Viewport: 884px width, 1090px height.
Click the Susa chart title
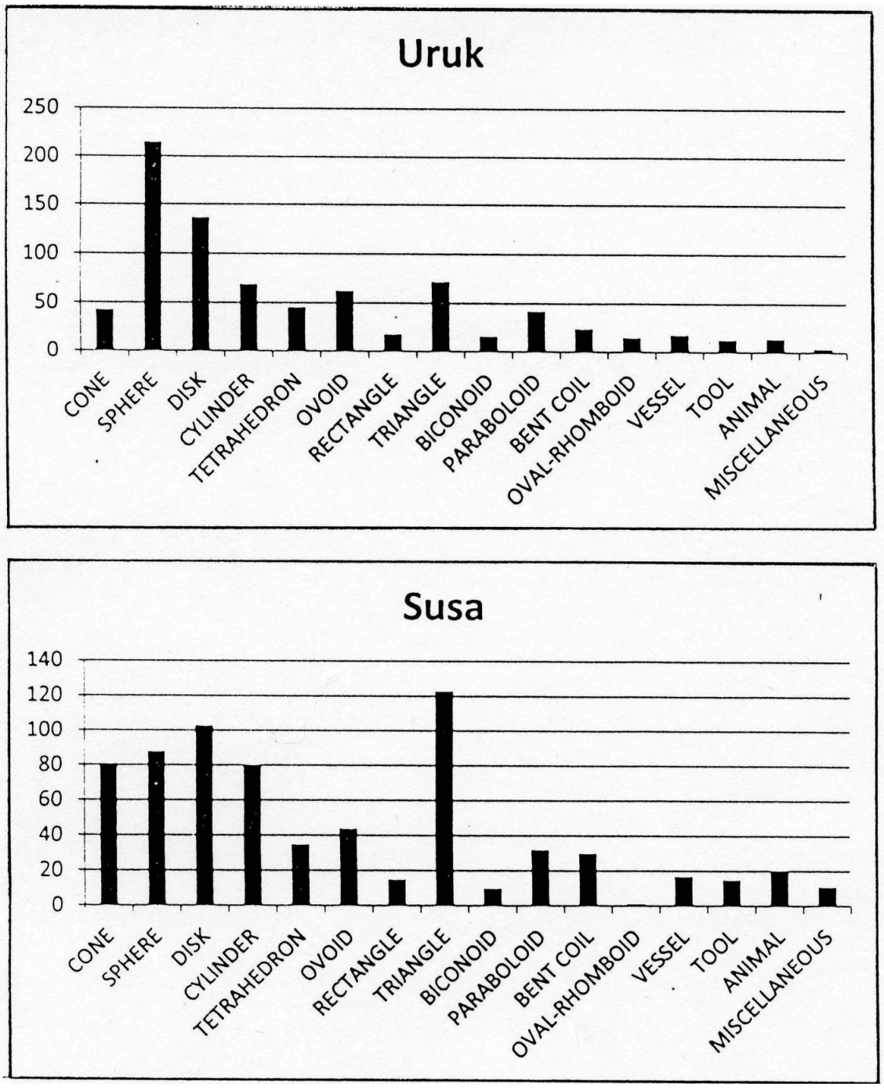point(443,608)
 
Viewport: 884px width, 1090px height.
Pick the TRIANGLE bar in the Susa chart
point(444,799)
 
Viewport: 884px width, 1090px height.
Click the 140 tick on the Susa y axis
point(44,659)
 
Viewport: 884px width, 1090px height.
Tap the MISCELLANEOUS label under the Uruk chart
point(766,439)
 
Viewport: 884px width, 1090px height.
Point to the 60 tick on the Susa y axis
point(49,799)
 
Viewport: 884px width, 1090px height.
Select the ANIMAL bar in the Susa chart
point(779,889)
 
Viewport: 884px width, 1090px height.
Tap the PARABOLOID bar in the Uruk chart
point(536,331)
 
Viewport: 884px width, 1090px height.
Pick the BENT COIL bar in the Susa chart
point(588,879)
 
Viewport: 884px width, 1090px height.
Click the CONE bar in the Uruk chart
point(104,330)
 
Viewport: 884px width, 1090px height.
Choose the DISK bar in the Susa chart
point(205,815)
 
